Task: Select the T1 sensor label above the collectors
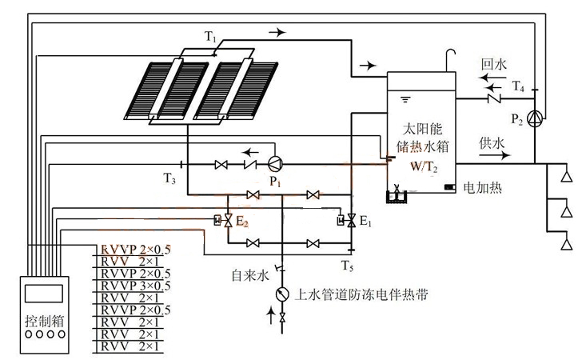(x=210, y=38)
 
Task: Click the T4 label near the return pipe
(x=519, y=85)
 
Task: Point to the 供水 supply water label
(x=492, y=143)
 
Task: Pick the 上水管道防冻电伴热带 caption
(x=360, y=294)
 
